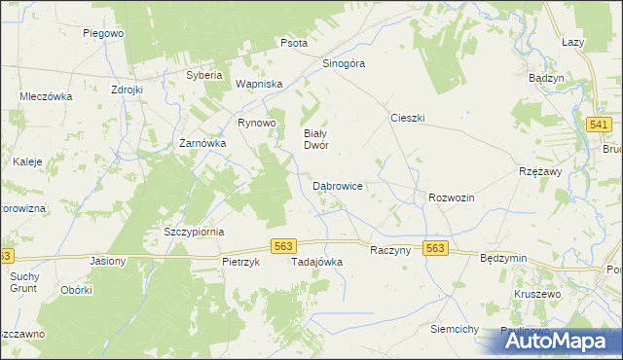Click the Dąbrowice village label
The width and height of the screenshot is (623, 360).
(338, 185)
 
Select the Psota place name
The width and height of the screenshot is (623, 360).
(294, 43)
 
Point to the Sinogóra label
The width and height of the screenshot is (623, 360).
(344, 63)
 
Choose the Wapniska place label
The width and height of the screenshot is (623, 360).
(259, 85)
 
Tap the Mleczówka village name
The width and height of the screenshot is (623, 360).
(47, 96)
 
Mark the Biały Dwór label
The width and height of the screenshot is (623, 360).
(315, 139)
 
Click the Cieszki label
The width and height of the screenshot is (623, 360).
(408, 117)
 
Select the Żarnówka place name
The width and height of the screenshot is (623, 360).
(203, 143)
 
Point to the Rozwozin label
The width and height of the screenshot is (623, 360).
(451, 198)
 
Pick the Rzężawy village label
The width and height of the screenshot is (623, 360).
(542, 171)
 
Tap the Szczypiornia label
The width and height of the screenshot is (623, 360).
(194, 232)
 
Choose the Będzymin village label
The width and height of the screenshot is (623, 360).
(503, 258)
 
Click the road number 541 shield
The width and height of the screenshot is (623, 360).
(600, 125)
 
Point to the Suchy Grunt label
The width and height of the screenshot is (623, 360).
(24, 282)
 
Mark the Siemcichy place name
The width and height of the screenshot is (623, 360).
(455, 330)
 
